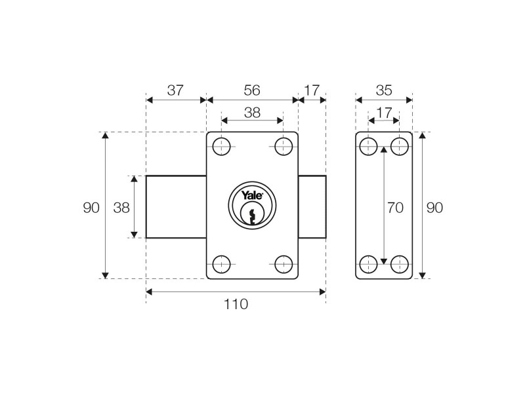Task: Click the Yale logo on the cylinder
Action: [x=252, y=195]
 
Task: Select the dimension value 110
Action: [x=236, y=304]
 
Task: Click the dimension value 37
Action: [x=175, y=90]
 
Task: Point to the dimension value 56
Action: [x=252, y=90]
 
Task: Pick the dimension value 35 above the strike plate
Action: [x=384, y=90]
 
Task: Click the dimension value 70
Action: [x=394, y=208]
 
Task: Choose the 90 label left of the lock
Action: [x=91, y=208]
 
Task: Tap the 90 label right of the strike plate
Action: [x=434, y=208]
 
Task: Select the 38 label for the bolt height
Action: [x=121, y=208]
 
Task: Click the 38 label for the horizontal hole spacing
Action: [x=252, y=113]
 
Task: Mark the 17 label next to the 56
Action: [x=312, y=90]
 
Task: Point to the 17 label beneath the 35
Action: [x=384, y=113]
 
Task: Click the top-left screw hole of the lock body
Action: [x=222, y=147]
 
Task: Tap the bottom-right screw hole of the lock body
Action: [x=283, y=264]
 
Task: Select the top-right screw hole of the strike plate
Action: [x=399, y=147]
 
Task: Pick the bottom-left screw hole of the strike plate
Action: [x=369, y=264]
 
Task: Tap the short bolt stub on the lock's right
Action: [x=312, y=207]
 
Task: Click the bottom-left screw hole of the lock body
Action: [x=222, y=264]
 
